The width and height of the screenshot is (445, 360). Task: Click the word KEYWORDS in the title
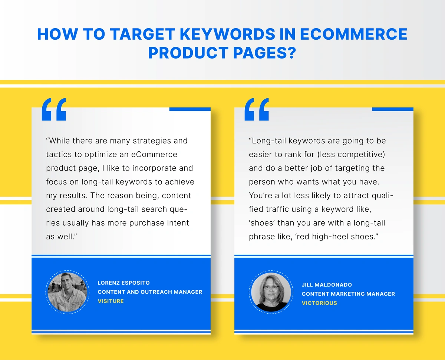tap(227, 34)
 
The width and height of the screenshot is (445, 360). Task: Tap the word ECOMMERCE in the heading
tap(354, 34)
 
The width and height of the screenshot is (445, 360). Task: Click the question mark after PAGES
tap(291, 52)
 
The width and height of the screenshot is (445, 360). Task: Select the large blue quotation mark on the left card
tap(54, 109)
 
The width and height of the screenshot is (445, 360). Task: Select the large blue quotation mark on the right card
tap(257, 109)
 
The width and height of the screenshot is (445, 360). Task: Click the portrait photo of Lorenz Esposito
tap(67, 292)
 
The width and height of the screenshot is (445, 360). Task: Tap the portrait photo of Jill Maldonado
tap(271, 292)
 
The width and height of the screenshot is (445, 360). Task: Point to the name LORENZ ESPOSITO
tap(123, 283)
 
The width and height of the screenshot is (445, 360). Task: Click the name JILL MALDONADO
tap(327, 285)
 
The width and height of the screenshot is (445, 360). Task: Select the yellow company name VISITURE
tap(111, 301)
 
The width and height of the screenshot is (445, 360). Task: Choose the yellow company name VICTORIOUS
tap(319, 303)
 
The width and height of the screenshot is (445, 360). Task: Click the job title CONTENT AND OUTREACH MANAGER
tap(150, 292)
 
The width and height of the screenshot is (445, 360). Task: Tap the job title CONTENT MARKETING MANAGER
tap(348, 294)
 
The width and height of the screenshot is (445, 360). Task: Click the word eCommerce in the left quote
tap(154, 155)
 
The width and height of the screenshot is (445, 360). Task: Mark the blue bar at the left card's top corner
tap(190, 109)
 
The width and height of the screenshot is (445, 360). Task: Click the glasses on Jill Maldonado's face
tap(271, 288)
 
